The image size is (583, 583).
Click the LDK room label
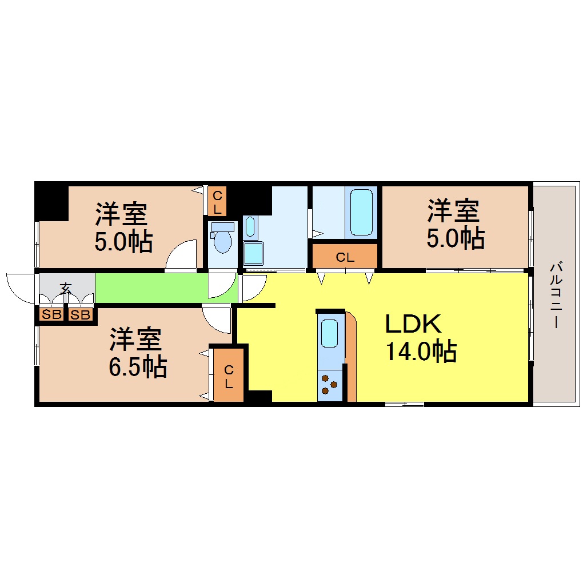click(413, 325)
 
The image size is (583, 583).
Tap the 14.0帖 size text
click(421, 351)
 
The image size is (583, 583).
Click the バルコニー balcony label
click(554, 295)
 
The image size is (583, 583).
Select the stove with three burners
click(329, 384)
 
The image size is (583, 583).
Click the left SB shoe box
click(51, 314)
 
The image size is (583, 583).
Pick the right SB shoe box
click(81, 314)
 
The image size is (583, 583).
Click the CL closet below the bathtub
click(345, 257)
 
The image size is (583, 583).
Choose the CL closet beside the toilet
click(217, 202)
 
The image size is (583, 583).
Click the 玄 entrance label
click(66, 288)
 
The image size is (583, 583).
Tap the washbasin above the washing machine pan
click(250, 227)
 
